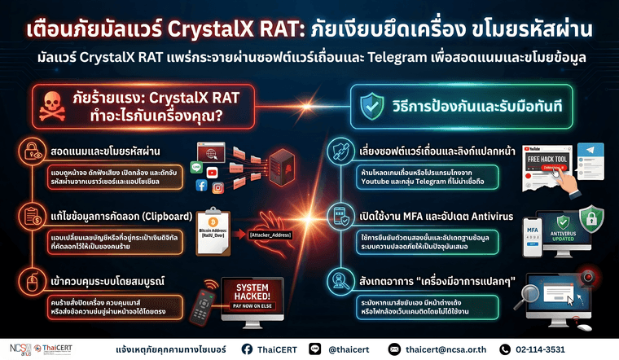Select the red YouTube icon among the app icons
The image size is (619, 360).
pos(212,173)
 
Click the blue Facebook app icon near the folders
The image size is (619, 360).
pos(200,186)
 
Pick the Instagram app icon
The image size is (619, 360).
pos(217,188)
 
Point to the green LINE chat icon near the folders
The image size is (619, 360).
pos(195,167)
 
